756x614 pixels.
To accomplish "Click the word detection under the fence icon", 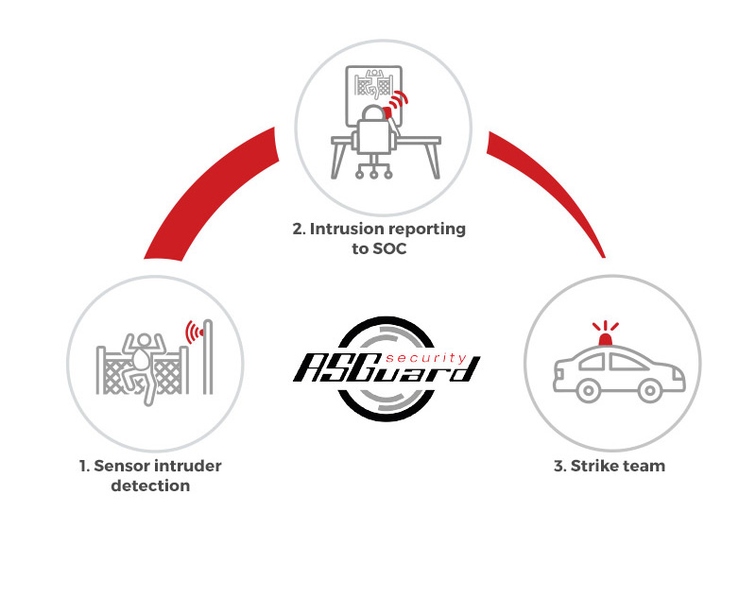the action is click(150, 486).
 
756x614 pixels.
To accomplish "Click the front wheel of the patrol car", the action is click(650, 390).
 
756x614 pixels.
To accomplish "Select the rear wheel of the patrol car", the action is click(589, 390).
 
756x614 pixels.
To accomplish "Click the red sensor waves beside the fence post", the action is click(195, 333).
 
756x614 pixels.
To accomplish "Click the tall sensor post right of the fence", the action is click(208, 357).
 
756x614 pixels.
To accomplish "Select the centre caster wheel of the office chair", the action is click(373, 175).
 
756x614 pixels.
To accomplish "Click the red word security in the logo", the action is click(426, 358).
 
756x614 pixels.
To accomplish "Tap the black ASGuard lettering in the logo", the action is click(387, 367).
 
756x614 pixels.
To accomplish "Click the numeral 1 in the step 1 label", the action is click(84, 467).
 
